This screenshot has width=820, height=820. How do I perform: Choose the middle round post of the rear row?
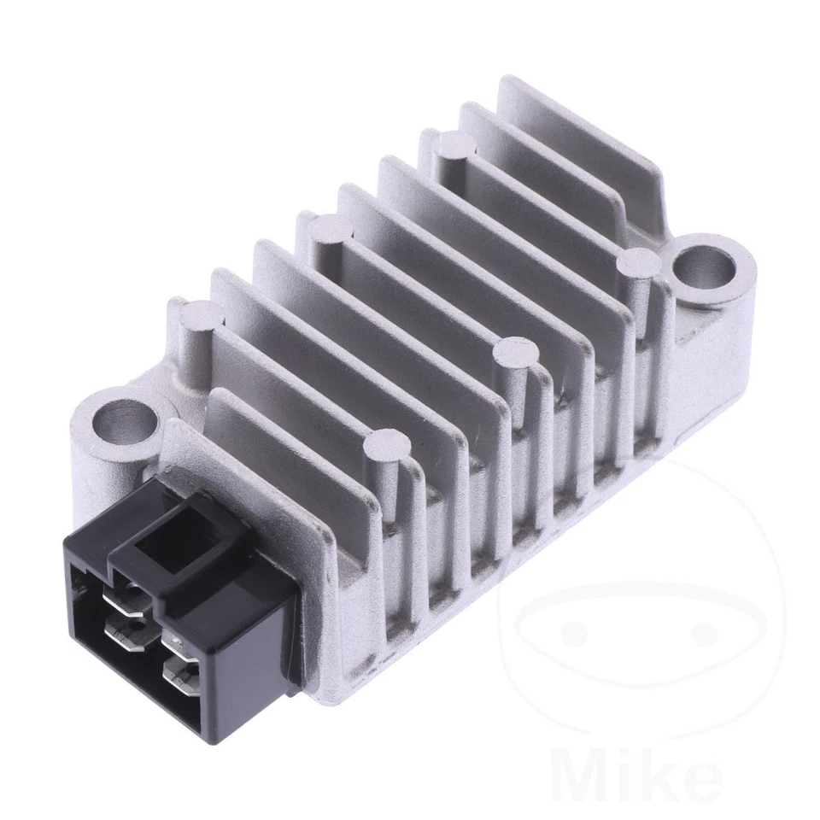coord(331,229)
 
